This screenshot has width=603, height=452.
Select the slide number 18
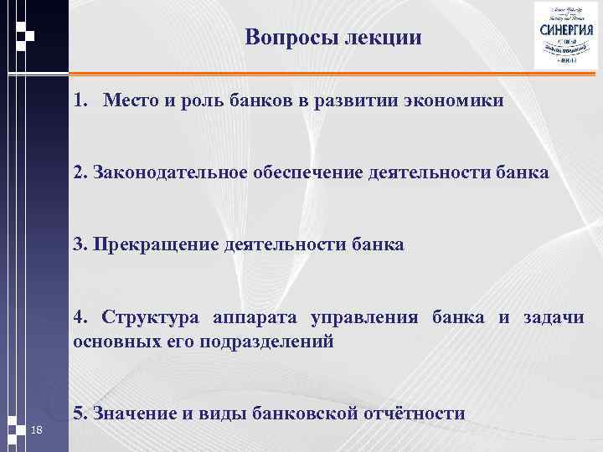[36, 430]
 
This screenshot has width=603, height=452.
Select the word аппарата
[255, 317]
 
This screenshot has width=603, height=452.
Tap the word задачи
[554, 317]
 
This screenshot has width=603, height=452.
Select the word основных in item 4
[114, 341]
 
